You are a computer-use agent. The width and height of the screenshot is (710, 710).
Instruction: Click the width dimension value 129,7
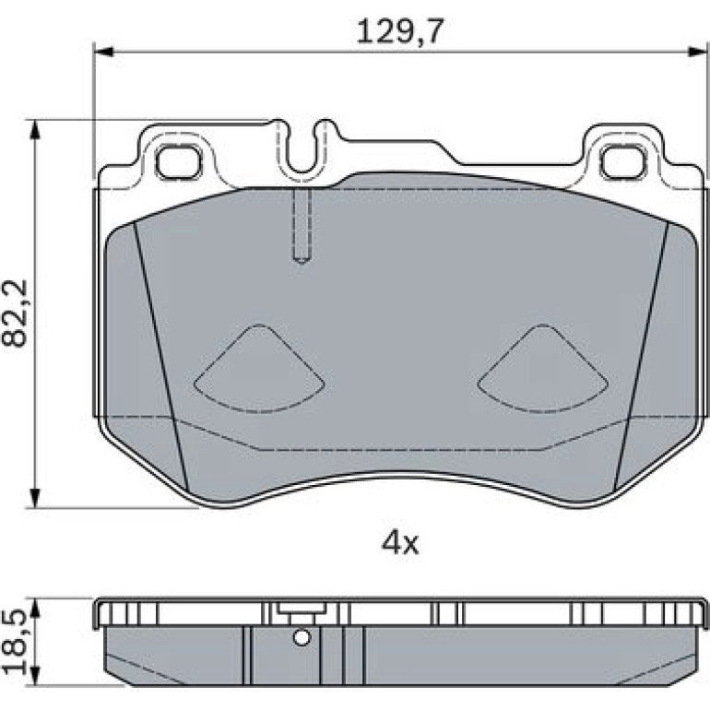point(398,31)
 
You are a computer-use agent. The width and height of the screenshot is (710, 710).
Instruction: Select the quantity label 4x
point(400,544)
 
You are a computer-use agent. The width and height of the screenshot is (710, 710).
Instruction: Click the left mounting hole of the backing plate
point(178,161)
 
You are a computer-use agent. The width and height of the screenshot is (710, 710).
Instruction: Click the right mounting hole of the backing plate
point(622,161)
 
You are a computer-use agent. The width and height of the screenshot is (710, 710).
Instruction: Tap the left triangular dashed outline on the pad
point(259,369)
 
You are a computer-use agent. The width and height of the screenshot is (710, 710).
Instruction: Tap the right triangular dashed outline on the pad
point(543,369)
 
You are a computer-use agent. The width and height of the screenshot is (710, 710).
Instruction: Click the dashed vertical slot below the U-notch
point(302,225)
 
